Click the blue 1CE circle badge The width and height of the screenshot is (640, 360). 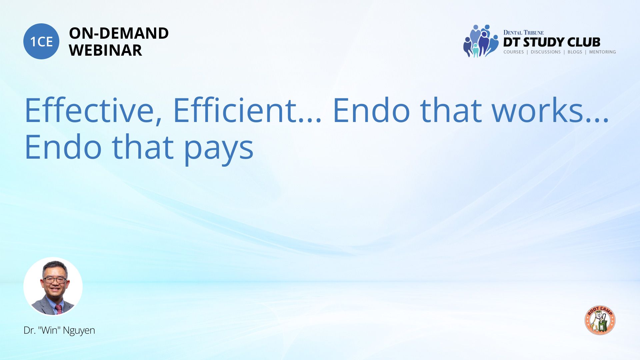(x=41, y=41)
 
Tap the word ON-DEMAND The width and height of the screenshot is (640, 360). (x=119, y=33)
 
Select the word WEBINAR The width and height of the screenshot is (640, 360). (x=105, y=50)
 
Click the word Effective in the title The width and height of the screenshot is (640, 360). (x=94, y=110)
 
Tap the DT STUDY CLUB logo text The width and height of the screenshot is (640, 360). (x=552, y=42)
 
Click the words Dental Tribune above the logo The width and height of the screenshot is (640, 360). (x=523, y=32)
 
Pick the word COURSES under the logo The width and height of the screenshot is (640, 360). (x=514, y=52)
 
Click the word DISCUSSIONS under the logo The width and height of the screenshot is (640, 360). (x=546, y=52)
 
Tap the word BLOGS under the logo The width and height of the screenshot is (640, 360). (x=575, y=52)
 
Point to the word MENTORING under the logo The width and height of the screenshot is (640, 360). (x=602, y=52)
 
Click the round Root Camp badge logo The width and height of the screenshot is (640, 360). (x=600, y=320)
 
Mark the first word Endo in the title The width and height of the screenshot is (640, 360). (x=371, y=110)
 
